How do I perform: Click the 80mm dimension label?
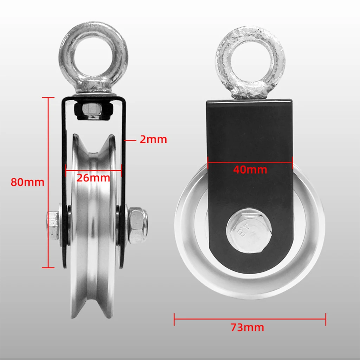tap(27, 182)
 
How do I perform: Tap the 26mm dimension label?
tap(93, 178)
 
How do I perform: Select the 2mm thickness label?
tap(153, 140)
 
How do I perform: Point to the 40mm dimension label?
tap(250, 170)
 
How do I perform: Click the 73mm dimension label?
tap(247, 328)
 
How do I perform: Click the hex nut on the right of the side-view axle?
tap(137, 225)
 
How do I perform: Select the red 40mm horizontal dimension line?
tap(250, 162)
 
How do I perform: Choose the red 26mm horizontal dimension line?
tap(93, 172)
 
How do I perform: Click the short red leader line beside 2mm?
tap(130, 140)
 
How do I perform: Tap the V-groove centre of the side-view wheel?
tap(93, 225)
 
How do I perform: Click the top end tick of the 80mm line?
tap(48, 98)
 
